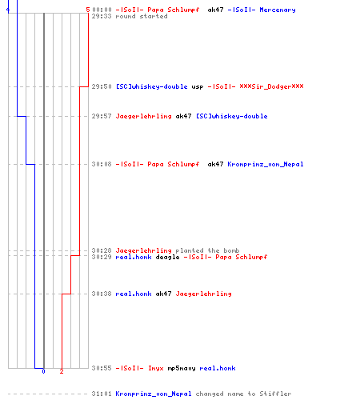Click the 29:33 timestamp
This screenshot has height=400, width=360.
click(x=102, y=16)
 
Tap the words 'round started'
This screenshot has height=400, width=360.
click(x=142, y=16)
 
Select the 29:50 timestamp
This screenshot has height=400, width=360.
click(x=102, y=86)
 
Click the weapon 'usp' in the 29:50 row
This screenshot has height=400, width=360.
click(x=198, y=87)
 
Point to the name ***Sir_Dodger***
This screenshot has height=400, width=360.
click(x=271, y=86)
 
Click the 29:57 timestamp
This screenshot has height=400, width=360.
click(x=102, y=116)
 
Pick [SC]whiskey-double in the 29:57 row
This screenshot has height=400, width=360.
click(x=232, y=116)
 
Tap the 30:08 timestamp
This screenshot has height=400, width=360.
click(x=102, y=164)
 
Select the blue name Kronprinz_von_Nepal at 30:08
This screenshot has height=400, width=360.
click(x=266, y=164)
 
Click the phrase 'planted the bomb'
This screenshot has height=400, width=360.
click(x=207, y=250)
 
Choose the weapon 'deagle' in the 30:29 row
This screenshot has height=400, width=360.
click(x=167, y=258)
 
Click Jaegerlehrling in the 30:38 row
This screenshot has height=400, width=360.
click(x=203, y=294)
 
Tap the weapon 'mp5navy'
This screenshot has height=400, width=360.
click(x=182, y=369)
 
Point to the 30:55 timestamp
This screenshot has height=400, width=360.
click(x=102, y=368)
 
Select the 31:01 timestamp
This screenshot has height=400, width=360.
click(x=102, y=394)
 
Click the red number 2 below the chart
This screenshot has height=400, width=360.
click(x=62, y=371)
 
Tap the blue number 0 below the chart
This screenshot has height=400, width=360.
click(x=43, y=371)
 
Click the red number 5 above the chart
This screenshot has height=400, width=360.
click(x=88, y=10)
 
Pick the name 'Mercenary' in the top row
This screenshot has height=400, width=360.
click(x=278, y=10)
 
